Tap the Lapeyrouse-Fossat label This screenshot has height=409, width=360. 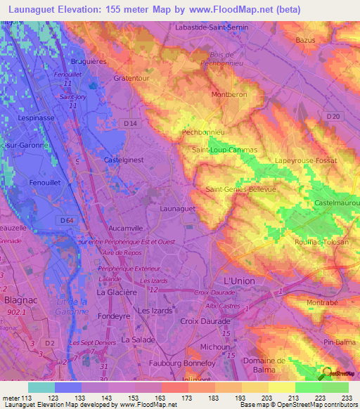[x=307, y=160]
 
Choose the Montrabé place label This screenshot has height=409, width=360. [x=321, y=302]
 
